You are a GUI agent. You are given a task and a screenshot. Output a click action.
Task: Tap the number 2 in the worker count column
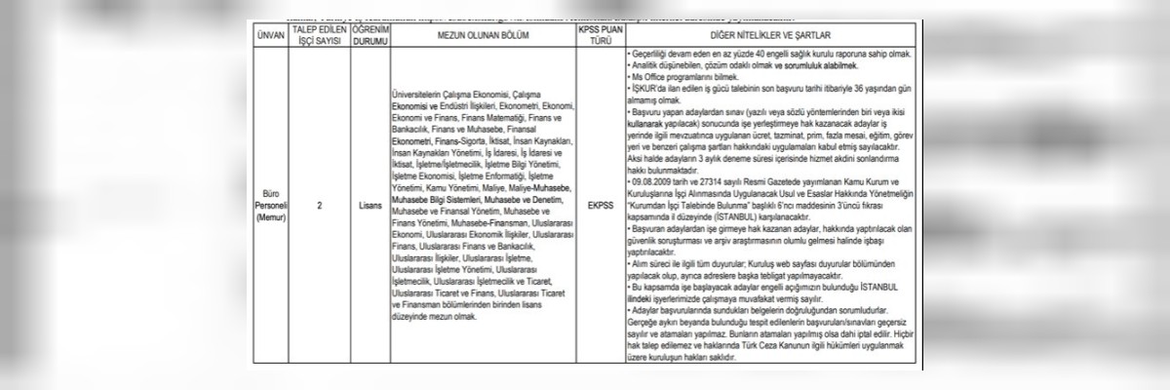tap(321, 206)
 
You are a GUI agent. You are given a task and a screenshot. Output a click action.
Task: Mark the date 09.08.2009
tap(653, 179)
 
